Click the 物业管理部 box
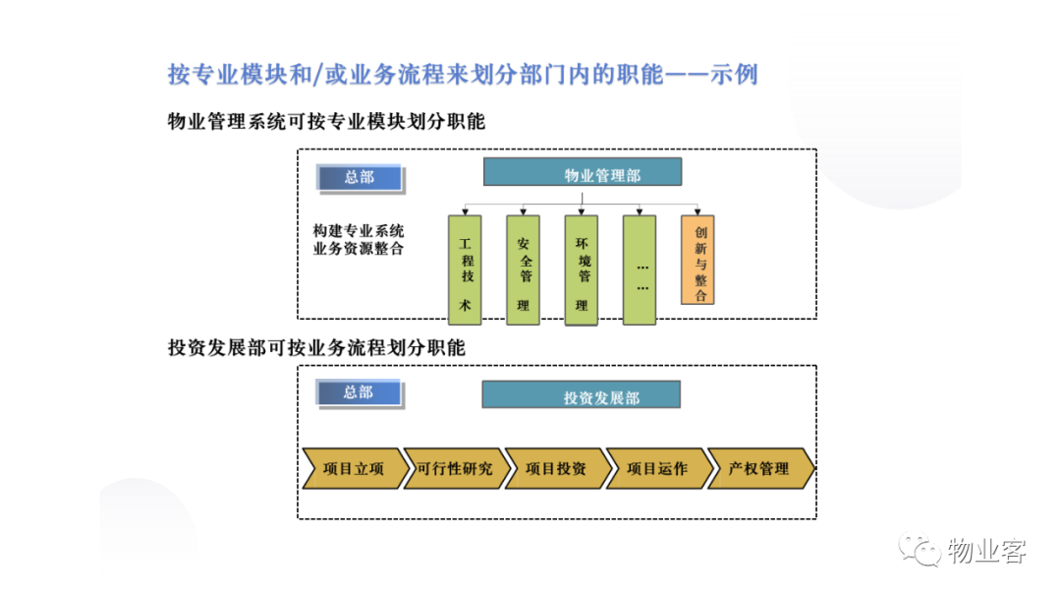click(x=582, y=172)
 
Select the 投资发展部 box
click(x=582, y=394)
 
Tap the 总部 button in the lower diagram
click(x=360, y=393)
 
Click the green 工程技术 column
click(x=465, y=270)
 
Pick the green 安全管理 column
click(x=523, y=270)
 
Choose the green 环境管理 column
click(x=582, y=270)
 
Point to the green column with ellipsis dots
click(x=640, y=270)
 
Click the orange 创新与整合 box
click(x=698, y=260)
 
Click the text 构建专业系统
click(x=358, y=231)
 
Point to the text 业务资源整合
click(x=358, y=249)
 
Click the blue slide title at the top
click(x=463, y=74)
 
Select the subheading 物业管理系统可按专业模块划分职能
click(x=326, y=121)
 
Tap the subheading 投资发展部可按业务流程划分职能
click(x=316, y=347)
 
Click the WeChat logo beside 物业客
click(x=920, y=549)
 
